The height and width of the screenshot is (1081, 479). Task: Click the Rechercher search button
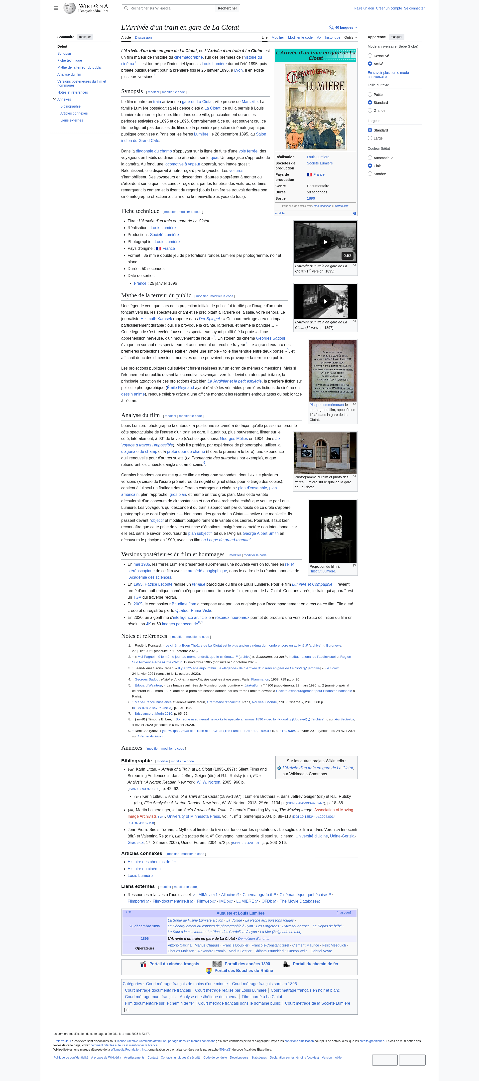227,8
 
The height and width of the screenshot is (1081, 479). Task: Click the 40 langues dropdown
343,28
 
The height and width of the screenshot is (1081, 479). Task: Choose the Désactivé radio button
370,56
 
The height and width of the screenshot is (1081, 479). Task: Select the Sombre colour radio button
370,174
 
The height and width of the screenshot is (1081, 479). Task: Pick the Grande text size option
370,110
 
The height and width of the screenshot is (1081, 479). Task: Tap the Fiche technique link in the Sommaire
70,60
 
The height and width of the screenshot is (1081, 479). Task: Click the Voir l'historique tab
328,38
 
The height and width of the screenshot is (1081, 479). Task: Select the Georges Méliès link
234,438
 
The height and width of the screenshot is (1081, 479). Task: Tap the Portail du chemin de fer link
315,964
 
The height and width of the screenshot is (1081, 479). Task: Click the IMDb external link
224,901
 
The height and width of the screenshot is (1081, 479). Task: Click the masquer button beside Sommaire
85,37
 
